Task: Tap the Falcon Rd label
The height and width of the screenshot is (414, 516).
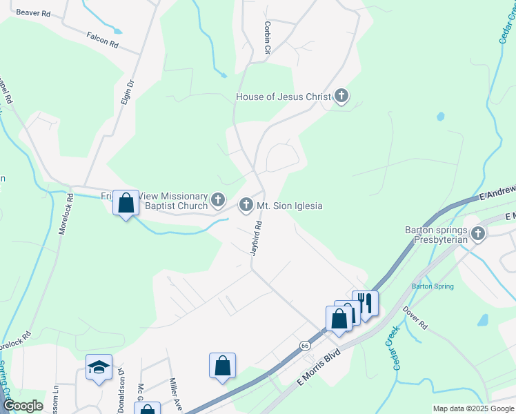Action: coord(103,41)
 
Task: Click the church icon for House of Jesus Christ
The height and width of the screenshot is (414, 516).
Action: coord(341,97)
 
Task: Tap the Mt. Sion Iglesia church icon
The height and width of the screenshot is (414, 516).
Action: coord(246,205)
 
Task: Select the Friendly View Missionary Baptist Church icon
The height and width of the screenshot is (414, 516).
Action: coord(218,201)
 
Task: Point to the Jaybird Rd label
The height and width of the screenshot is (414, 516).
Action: coord(257,237)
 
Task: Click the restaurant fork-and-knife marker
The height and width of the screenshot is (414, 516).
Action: coord(366,302)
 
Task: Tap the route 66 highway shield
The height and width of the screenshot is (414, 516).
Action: coord(304,344)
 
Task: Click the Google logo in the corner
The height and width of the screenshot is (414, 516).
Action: coord(22,406)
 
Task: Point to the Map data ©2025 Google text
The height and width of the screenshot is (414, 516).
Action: coord(473,408)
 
